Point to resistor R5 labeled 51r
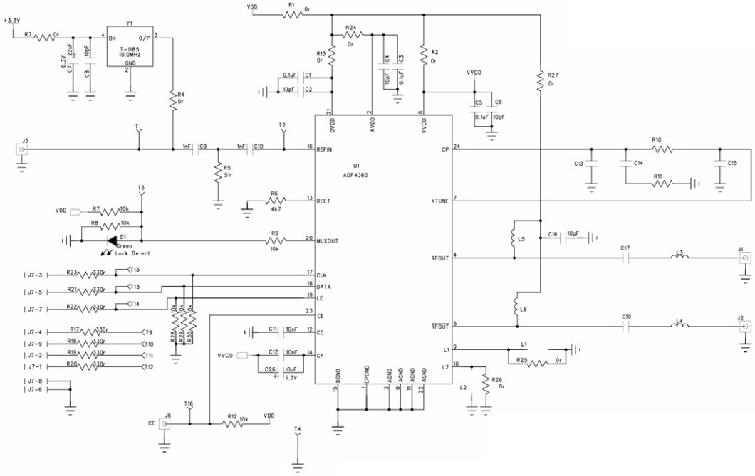(218, 172)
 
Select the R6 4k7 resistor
(273, 200)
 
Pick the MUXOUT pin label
(328, 240)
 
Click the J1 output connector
(745, 259)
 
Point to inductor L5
(513, 240)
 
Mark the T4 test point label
(298, 429)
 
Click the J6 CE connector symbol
(165, 424)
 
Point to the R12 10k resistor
(232, 424)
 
